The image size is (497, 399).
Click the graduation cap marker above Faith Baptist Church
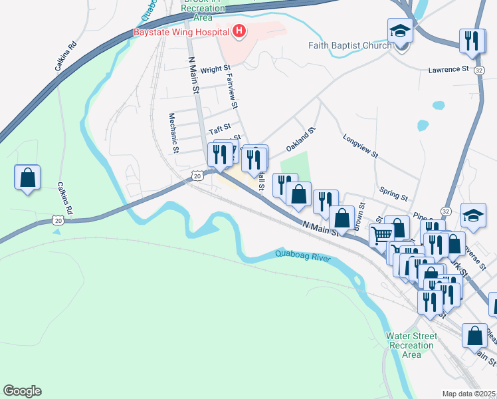pos(401,31)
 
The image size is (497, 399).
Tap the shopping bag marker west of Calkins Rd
pos(27,178)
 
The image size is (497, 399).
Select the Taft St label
pos(219,126)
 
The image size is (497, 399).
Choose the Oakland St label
pos(300,140)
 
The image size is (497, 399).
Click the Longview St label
pos(360,146)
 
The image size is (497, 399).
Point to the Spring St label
pos(393,194)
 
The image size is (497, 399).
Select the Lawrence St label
pos(448,69)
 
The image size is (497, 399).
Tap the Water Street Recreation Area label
pos(412,345)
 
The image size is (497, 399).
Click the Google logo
pos(22,391)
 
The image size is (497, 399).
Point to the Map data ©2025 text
pos(469,394)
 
